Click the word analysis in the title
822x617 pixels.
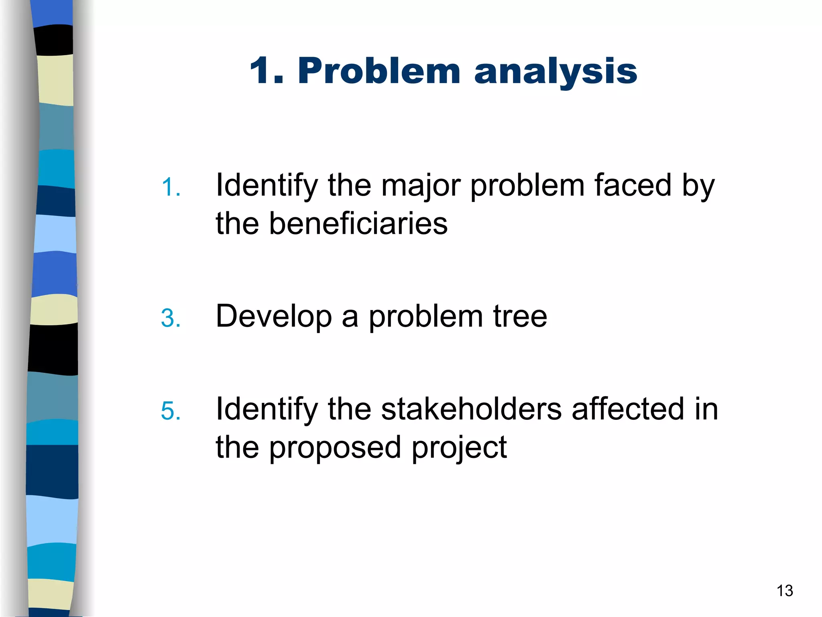click(x=555, y=72)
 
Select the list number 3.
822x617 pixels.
click(x=171, y=318)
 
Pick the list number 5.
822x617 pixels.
click(x=171, y=411)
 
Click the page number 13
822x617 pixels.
click(x=785, y=591)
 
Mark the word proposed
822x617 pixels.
click(x=335, y=448)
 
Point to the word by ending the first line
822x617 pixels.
click(x=698, y=186)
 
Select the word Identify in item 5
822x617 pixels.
click(x=267, y=410)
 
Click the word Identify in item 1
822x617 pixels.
click(x=267, y=186)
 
